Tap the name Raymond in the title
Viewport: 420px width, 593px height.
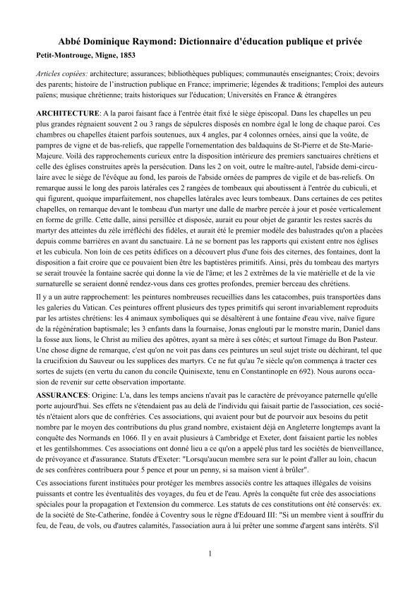pos(153,40)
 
